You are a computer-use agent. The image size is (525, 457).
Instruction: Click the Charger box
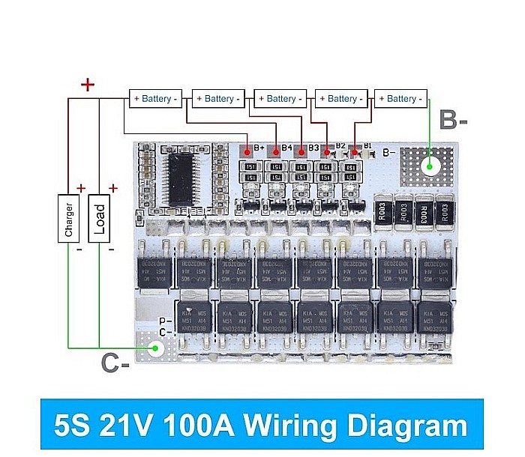(69, 218)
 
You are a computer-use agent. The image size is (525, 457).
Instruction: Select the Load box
(99, 218)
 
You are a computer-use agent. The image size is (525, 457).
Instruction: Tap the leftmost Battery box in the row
(156, 98)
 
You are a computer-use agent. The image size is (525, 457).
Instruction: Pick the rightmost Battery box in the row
(401, 98)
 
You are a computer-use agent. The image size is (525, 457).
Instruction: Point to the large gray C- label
(115, 364)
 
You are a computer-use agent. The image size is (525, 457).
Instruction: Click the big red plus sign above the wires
(88, 85)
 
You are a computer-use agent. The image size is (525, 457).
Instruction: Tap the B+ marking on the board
(258, 148)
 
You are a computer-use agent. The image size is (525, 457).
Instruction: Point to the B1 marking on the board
(367, 146)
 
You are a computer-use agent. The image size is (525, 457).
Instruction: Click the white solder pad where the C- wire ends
(156, 348)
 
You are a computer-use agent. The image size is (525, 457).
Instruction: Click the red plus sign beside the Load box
(113, 188)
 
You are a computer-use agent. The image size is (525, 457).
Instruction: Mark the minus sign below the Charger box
(78, 249)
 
